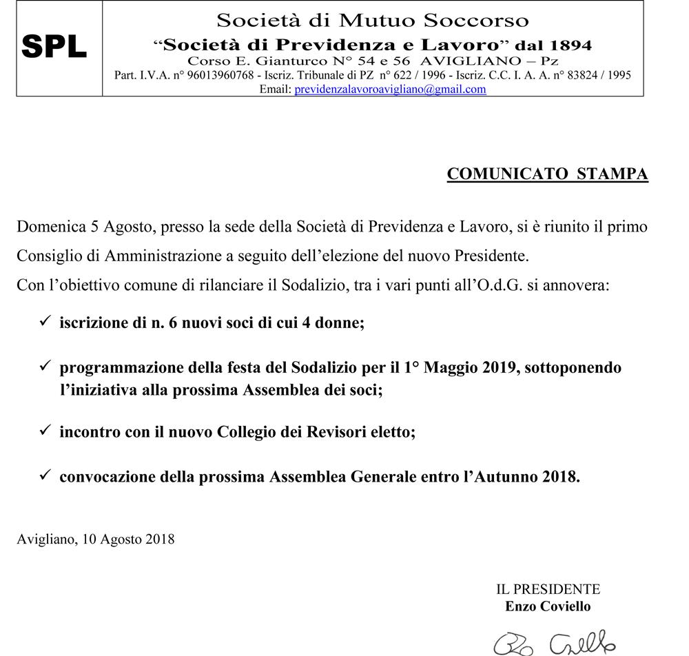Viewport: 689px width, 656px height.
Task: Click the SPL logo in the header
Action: tap(54, 47)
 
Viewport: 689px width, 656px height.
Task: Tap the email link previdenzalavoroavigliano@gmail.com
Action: tap(390, 89)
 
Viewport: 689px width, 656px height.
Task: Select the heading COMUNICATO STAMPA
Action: tap(547, 174)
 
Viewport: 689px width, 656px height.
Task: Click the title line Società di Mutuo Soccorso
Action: tap(373, 20)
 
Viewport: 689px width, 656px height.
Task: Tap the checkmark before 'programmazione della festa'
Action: tap(45, 367)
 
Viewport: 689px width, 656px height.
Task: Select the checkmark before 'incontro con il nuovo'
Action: tap(45, 431)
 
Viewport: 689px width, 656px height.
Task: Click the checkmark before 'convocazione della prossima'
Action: tap(45, 475)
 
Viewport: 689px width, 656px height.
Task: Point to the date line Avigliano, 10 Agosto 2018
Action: tap(95, 539)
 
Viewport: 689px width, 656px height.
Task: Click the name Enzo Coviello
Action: tap(548, 606)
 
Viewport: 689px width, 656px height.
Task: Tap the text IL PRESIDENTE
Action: tap(548, 589)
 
